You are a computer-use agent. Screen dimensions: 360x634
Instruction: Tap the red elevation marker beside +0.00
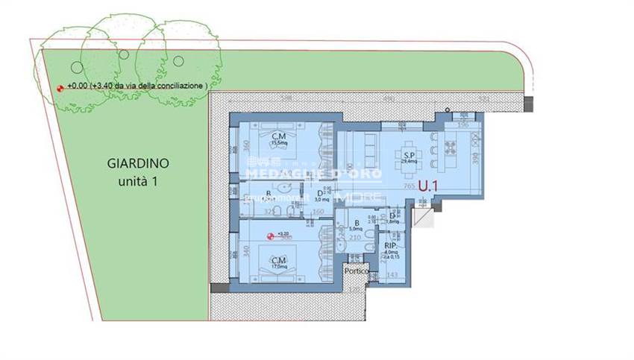pos(60,87)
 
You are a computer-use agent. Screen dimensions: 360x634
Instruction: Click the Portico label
pos(357,272)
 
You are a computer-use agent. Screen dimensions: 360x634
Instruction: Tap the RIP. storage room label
pos(390,245)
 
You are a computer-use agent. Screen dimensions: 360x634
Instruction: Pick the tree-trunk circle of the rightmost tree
pos(178,60)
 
